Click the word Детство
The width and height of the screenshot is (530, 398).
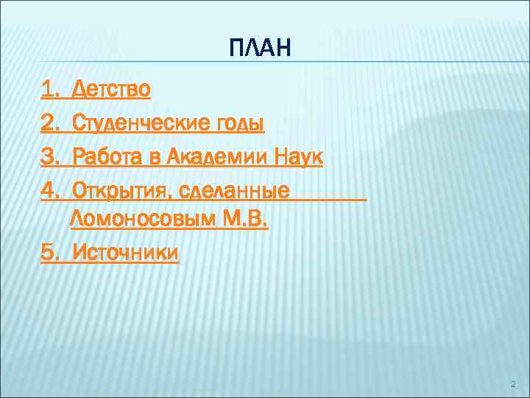point(110,90)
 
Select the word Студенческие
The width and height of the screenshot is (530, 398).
point(133,122)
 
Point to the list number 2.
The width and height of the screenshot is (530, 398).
point(50,122)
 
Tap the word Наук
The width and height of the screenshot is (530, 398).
point(299,156)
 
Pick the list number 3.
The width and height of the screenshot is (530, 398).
point(50,156)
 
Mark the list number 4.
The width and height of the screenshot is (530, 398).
point(50,190)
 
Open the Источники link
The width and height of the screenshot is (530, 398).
point(124,253)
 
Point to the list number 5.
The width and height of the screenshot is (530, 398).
point(50,253)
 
